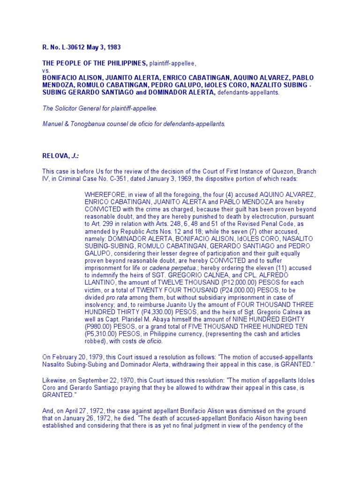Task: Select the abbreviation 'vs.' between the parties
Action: click(x=45, y=70)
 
